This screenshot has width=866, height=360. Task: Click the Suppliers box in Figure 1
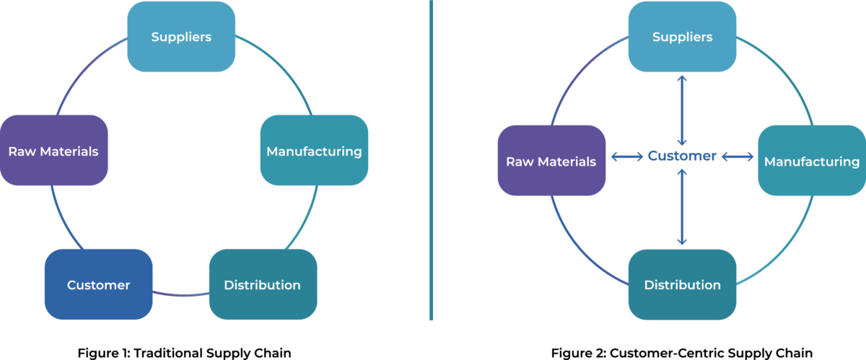[181, 37]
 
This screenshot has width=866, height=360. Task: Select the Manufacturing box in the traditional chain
[314, 151]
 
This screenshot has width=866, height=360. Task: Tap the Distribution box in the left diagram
[263, 284]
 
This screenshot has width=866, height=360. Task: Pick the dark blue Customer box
[99, 285]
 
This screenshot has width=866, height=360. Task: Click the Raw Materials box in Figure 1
[53, 151]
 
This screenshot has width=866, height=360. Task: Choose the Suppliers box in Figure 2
[682, 37]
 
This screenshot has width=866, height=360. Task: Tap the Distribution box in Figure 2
[682, 284]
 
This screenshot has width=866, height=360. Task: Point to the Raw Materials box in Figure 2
[551, 161]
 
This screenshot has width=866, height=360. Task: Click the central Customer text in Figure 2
[682, 156]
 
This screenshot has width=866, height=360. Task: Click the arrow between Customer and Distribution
[682, 209]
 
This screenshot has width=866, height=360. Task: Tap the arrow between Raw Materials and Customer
[626, 157]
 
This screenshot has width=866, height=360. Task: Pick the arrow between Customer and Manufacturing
[738, 157]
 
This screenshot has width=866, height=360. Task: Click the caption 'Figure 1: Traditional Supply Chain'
[184, 353]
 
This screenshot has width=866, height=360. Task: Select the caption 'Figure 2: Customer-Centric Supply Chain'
[682, 353]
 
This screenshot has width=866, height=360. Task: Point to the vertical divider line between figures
[431, 159]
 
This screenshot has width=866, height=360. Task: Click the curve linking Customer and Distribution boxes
[180, 294]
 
